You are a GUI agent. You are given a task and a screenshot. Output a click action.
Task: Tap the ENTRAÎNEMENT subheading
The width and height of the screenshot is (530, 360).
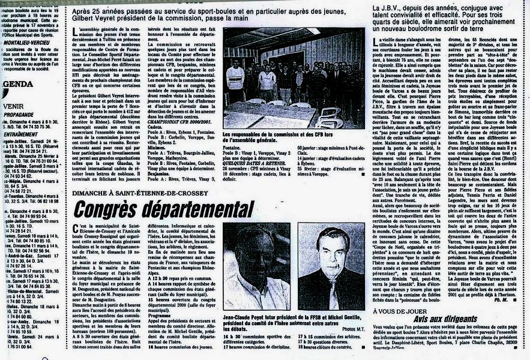[x=20, y=134]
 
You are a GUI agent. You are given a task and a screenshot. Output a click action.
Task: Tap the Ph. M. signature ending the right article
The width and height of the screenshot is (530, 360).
[x=502, y=301]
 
